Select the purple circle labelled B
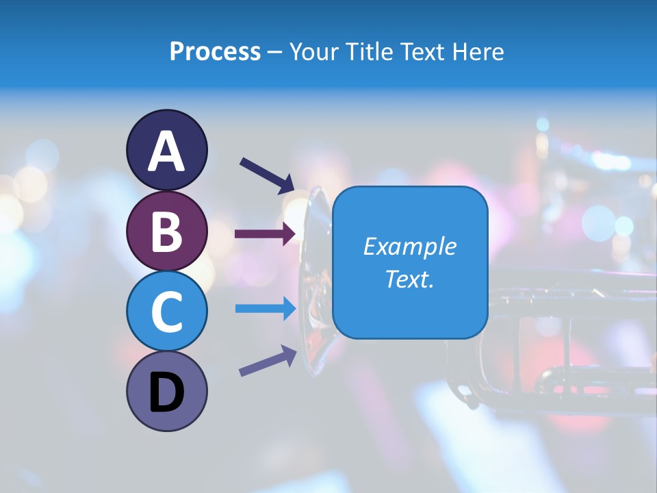coord(167,231)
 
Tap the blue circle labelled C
coord(167,311)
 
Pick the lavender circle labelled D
coord(167,391)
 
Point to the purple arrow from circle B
coord(266,233)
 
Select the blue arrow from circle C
coord(266,309)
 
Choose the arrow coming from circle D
coord(268,361)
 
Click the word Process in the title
coord(215,51)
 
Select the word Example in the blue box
coord(409,246)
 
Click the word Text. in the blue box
coord(409,279)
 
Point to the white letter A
coord(167,151)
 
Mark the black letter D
coord(167,393)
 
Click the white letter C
coord(167,312)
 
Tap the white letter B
coord(167,232)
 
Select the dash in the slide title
coord(274,52)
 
